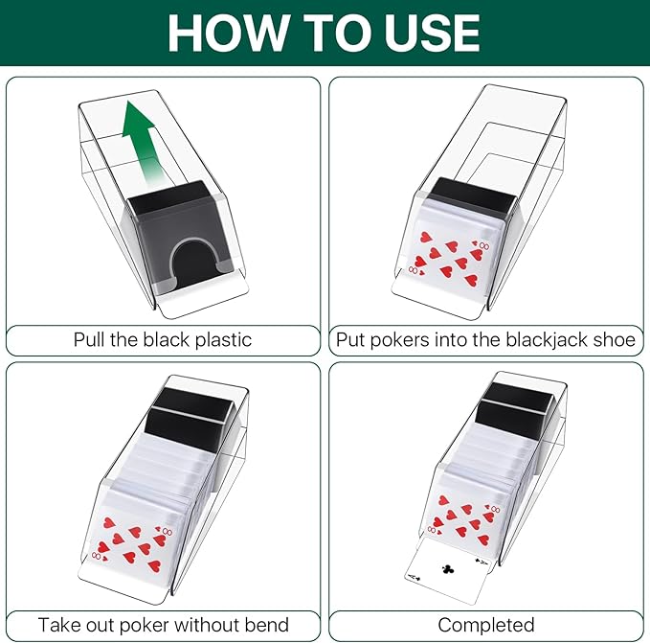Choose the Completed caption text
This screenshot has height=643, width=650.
click(486, 625)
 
